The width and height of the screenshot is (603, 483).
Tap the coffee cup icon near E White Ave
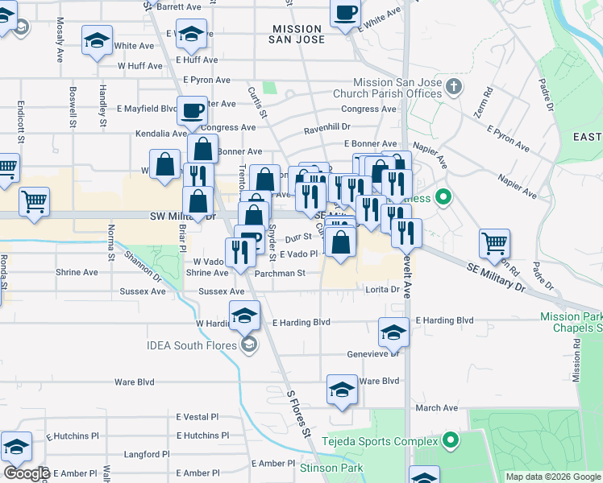345,14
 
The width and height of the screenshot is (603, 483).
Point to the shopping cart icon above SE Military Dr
493,242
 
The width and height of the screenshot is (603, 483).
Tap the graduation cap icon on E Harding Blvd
393,332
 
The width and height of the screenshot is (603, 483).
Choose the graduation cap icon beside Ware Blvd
342,390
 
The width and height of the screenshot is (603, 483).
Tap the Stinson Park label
331,468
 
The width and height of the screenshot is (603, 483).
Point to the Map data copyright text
552,477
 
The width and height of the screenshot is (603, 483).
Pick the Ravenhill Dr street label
326,128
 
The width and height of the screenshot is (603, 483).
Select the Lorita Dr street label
383,289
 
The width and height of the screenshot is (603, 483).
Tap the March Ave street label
436,408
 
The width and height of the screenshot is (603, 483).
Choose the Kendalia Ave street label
160,133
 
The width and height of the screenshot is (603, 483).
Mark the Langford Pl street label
146,454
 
